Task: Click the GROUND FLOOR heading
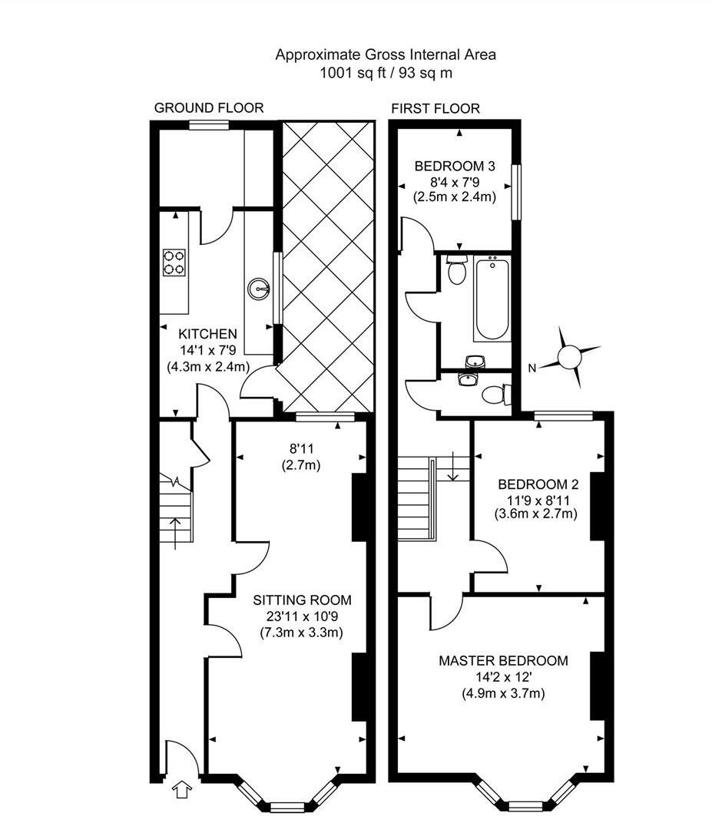coord(208,108)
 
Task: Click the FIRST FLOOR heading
coord(435,108)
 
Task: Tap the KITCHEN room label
coord(207,335)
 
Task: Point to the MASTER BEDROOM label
coord(503,661)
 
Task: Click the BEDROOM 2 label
coord(538,484)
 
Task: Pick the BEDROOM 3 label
coord(454,166)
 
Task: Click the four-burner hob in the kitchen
coord(174,262)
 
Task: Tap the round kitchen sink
coord(259,289)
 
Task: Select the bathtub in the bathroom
coord(492,299)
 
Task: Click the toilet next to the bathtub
coord(457,271)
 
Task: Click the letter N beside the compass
coord(532,368)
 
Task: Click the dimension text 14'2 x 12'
coord(503,677)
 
